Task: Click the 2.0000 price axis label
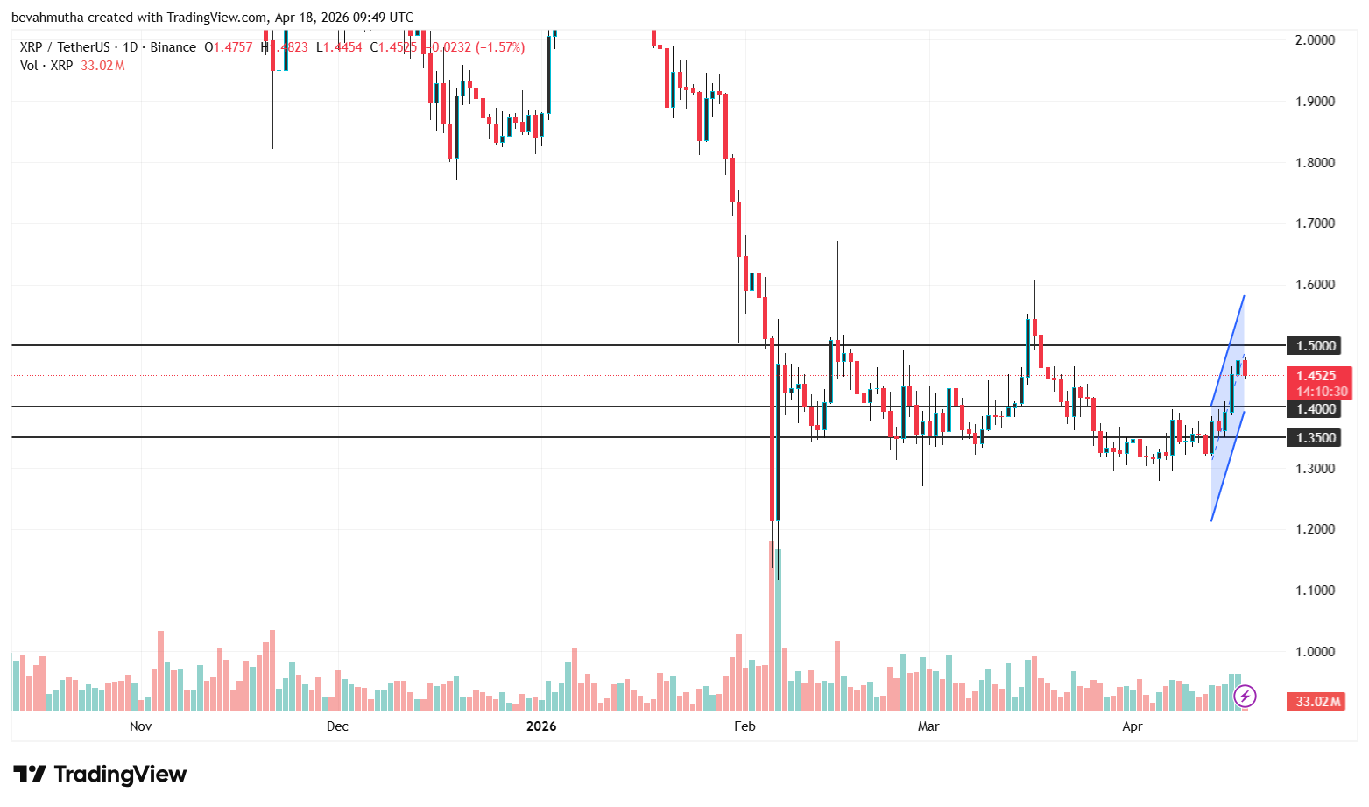point(1315,40)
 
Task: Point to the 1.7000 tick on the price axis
point(1315,223)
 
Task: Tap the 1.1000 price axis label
point(1315,591)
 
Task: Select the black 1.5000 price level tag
point(1316,346)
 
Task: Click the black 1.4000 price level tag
point(1316,409)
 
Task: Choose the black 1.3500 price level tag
point(1316,438)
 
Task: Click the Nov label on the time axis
point(140,726)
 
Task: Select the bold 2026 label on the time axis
point(541,726)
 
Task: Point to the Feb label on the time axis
point(744,726)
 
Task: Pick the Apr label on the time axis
point(1133,726)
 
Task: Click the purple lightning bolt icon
point(1245,697)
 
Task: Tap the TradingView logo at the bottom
point(100,775)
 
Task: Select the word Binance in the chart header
point(173,47)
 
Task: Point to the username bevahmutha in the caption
point(45,18)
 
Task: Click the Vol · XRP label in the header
point(46,66)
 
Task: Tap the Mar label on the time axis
point(928,726)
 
